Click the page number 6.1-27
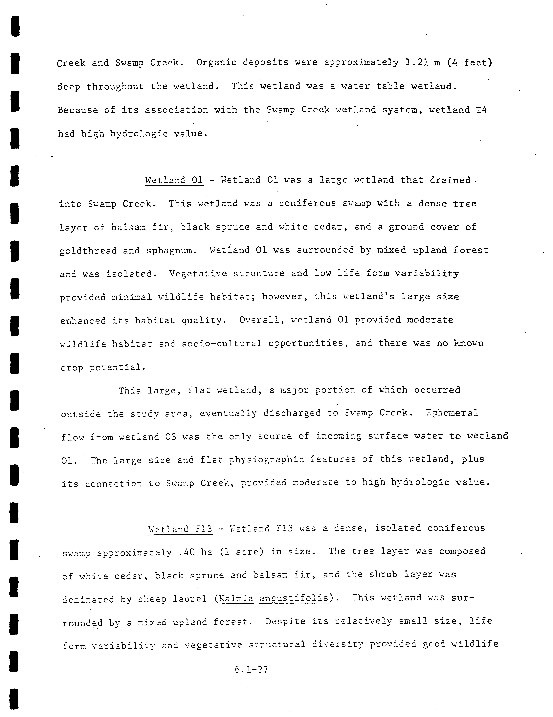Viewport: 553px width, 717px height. click(251, 669)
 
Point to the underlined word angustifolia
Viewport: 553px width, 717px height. click(294, 598)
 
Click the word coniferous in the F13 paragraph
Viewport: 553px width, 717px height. click(456, 528)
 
